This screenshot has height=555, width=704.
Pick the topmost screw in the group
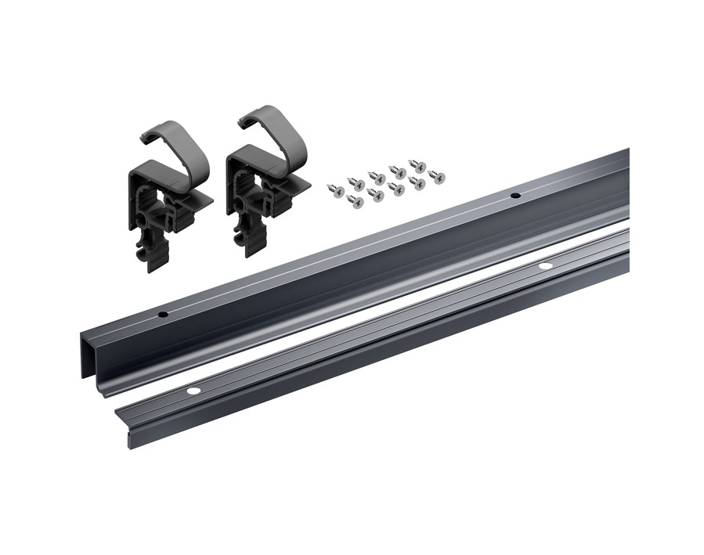[419, 166]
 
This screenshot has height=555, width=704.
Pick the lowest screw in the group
[356, 202]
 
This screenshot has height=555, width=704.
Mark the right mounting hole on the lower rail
[545, 266]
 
